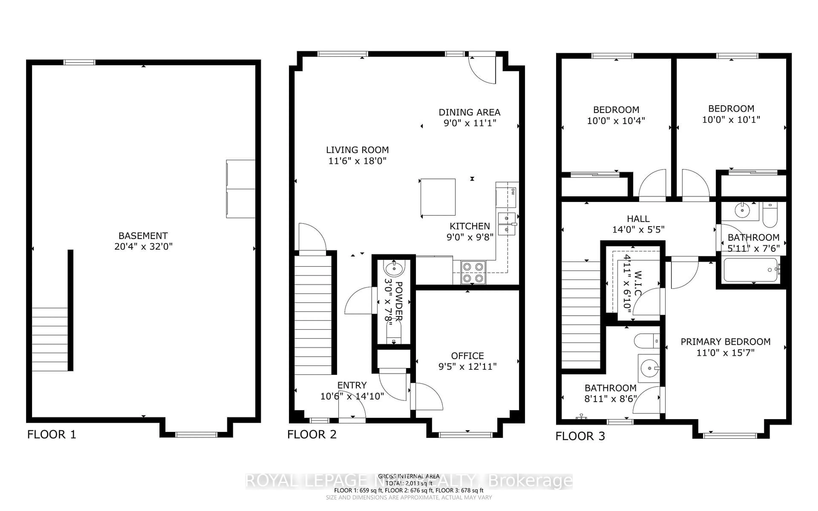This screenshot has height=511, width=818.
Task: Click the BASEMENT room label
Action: coord(143,235)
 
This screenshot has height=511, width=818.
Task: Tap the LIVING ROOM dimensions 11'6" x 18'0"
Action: coord(357,161)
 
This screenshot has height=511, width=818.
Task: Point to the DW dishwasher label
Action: coord(513,192)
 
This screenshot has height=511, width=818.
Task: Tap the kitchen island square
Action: coord(438,197)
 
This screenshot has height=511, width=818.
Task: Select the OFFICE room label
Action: coord(468,356)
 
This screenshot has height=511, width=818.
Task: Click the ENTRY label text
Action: coord(352,385)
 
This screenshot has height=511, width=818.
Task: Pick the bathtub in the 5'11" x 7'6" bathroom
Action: coord(751,270)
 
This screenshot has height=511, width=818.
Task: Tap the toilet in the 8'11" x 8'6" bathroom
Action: coord(646,341)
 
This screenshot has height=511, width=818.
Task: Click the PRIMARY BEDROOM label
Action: coord(725,342)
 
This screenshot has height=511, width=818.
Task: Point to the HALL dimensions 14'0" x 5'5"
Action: coord(638,230)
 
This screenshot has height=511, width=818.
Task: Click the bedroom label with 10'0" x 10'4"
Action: coord(616,110)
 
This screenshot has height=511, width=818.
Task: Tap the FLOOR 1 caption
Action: coord(51,435)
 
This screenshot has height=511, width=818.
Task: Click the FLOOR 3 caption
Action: coord(580,436)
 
